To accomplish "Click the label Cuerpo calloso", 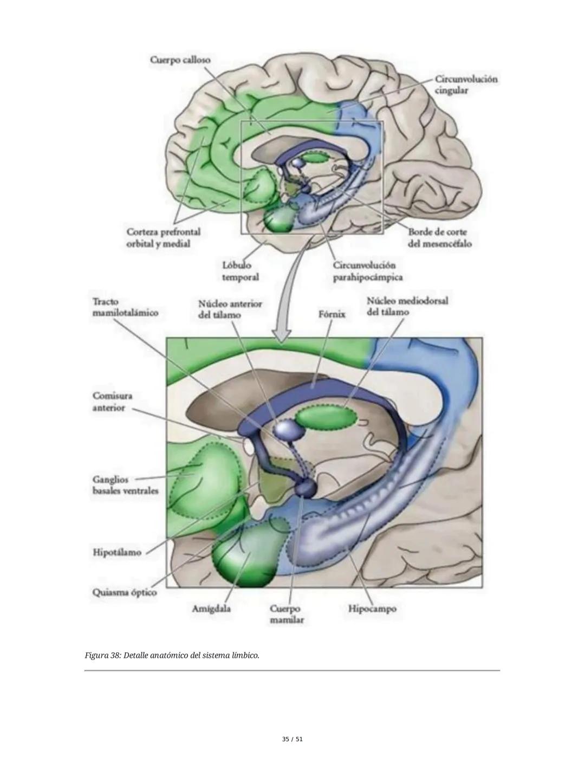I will [x=180, y=60].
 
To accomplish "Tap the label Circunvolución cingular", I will [x=465, y=85].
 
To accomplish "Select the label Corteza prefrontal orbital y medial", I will [x=163, y=238].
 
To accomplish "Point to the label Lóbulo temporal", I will [x=240, y=271].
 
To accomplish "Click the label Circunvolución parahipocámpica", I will [x=367, y=271].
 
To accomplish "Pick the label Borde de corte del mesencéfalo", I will [x=439, y=238].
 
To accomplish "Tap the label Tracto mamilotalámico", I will [x=125, y=307].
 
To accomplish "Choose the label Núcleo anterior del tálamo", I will [x=230, y=309].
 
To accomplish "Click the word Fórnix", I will [x=332, y=314].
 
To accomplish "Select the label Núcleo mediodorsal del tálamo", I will [x=407, y=306].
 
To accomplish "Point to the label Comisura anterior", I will [x=112, y=402].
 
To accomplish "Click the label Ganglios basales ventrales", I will [x=125, y=485].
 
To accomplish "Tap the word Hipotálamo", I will [x=117, y=553].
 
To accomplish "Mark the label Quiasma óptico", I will [x=125, y=592].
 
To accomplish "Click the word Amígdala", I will [x=211, y=609].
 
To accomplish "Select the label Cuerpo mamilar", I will [x=287, y=614].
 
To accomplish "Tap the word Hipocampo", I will [x=372, y=609].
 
